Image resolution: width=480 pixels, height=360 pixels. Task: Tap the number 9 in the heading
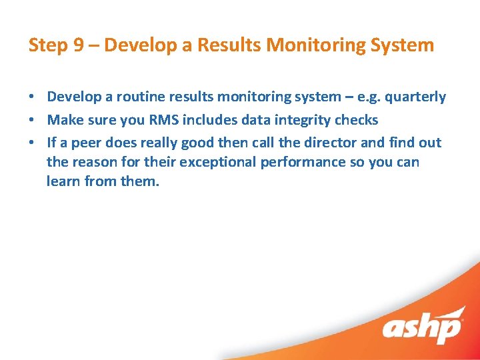[78, 45]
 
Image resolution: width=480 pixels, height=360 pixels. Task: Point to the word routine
[140, 97]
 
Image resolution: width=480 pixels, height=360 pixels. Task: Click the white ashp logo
[423, 327]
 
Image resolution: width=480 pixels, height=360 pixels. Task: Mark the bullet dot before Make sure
[32, 121]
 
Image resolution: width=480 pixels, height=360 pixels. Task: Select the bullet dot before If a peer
[32, 143]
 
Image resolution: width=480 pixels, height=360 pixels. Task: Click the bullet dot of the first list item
[32, 97]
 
